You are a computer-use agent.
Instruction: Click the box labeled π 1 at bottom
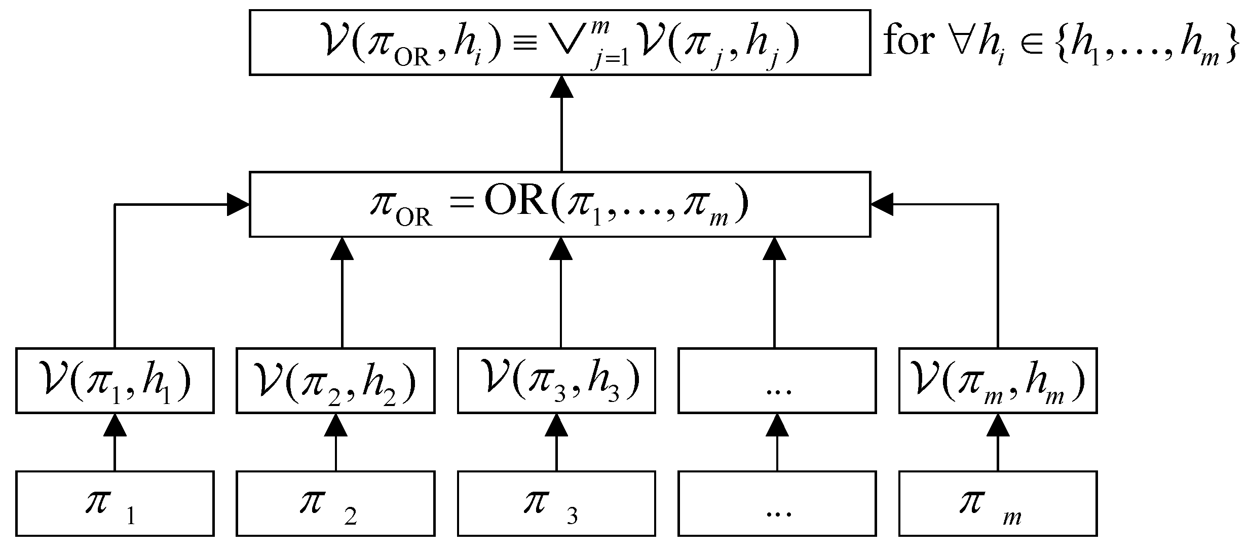coord(115,503)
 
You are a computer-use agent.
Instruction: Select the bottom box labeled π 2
coord(335,503)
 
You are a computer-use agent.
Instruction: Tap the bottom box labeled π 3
coord(556,503)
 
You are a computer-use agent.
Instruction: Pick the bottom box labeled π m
coord(998,503)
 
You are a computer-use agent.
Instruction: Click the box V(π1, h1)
coord(115,380)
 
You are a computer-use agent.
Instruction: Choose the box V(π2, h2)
coord(335,380)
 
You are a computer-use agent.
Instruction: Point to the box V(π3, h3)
coord(556,380)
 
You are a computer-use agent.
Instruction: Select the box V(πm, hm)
coord(998,380)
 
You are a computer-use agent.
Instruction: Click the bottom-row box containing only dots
coord(777,503)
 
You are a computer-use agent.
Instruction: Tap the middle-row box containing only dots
coord(777,380)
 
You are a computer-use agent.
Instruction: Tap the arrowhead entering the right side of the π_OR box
coord(882,204)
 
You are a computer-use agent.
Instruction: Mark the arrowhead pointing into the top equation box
coord(561,87)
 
